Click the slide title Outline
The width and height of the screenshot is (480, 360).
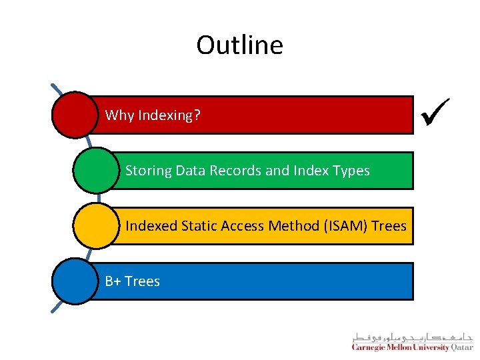pyautogui.click(x=239, y=45)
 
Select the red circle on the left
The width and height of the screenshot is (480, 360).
pyautogui.click(x=75, y=115)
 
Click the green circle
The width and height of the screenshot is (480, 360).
pyautogui.click(x=96, y=170)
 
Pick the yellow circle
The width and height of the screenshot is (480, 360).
pyautogui.click(x=96, y=225)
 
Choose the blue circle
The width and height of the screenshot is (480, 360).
pyautogui.click(x=75, y=281)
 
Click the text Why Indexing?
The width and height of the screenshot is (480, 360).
pyautogui.click(x=153, y=115)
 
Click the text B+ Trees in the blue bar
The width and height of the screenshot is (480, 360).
pyautogui.click(x=133, y=281)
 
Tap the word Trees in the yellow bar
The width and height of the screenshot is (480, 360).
pyautogui.click(x=389, y=226)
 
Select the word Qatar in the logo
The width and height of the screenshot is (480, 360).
pyautogui.click(x=461, y=347)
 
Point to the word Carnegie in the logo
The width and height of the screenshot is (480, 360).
pyautogui.click(x=371, y=347)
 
